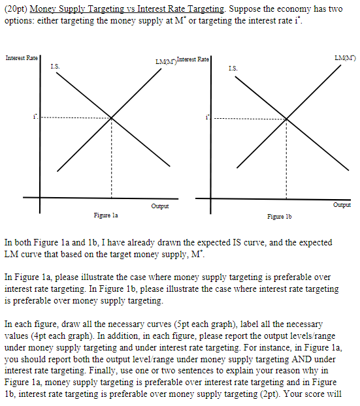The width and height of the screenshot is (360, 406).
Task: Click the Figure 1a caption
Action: (x=105, y=213)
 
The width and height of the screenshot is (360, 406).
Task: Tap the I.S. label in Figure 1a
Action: (x=54, y=66)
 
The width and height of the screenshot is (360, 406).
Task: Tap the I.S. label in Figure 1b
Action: (x=234, y=67)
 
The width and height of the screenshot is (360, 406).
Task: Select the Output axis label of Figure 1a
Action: (x=159, y=206)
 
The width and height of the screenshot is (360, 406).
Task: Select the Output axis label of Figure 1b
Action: (x=341, y=204)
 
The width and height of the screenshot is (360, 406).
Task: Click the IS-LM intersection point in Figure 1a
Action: (x=111, y=118)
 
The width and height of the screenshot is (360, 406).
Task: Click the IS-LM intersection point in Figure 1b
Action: (x=286, y=119)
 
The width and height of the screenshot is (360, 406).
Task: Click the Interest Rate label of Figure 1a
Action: (x=22, y=59)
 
